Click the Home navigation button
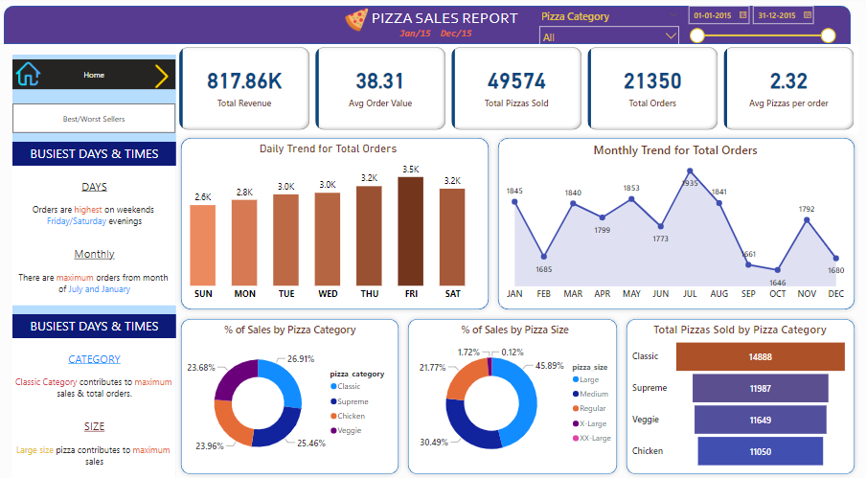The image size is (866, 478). coord(94,75)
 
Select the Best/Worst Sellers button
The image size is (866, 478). coord(94,119)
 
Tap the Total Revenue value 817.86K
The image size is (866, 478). coord(244,81)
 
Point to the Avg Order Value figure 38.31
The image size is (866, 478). coord(380,81)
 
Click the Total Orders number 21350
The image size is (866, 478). coord(652,81)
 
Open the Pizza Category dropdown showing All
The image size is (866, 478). coord(609,36)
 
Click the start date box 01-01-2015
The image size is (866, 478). coord(712,15)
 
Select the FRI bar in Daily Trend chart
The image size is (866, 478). coord(411,231)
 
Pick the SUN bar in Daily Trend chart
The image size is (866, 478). coord(202,245)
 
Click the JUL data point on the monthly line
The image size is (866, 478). coord(691,171)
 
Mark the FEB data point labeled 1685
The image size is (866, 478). coord(544,256)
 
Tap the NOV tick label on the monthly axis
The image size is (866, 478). coord(807,293)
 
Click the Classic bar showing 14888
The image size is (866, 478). coord(761,356)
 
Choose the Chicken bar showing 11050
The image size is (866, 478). coord(761,451)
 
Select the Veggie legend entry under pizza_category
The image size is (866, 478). coord(347,430)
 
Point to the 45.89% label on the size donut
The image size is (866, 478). coord(548,366)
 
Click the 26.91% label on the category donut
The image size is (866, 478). coord(302,360)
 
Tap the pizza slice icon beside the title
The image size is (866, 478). coord(356,18)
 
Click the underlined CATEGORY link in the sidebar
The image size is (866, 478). coord(94,359)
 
